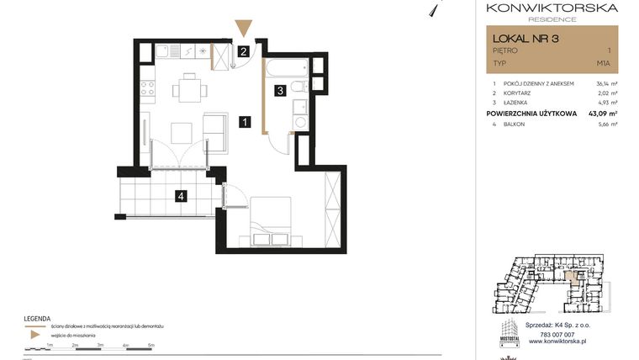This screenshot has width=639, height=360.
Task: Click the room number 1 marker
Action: (x=243, y=122)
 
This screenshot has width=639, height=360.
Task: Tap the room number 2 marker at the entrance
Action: (x=243, y=51)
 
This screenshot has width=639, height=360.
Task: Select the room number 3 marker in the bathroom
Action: (x=281, y=90)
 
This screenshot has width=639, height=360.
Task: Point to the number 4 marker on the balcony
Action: (x=180, y=197)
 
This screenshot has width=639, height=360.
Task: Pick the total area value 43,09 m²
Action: (x=602, y=113)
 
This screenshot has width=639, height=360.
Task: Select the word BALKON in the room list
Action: (x=515, y=124)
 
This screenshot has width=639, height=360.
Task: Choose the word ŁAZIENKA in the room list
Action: (x=518, y=103)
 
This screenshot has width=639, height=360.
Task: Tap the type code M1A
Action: (x=603, y=63)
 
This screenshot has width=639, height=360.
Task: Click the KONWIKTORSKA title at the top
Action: (x=552, y=8)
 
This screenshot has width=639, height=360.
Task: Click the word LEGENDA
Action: (x=37, y=318)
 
